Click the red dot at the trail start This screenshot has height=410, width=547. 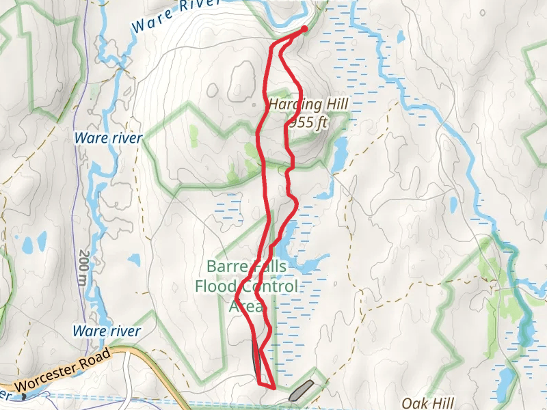[x=303, y=29]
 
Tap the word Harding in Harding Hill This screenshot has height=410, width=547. [x=295, y=105]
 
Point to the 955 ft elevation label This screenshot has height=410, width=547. [x=308, y=122]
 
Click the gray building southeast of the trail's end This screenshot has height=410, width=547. [x=302, y=392]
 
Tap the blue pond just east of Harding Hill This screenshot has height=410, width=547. [x=340, y=154]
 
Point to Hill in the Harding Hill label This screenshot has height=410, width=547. [x=336, y=105]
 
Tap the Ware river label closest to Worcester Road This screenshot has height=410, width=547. [x=107, y=331]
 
